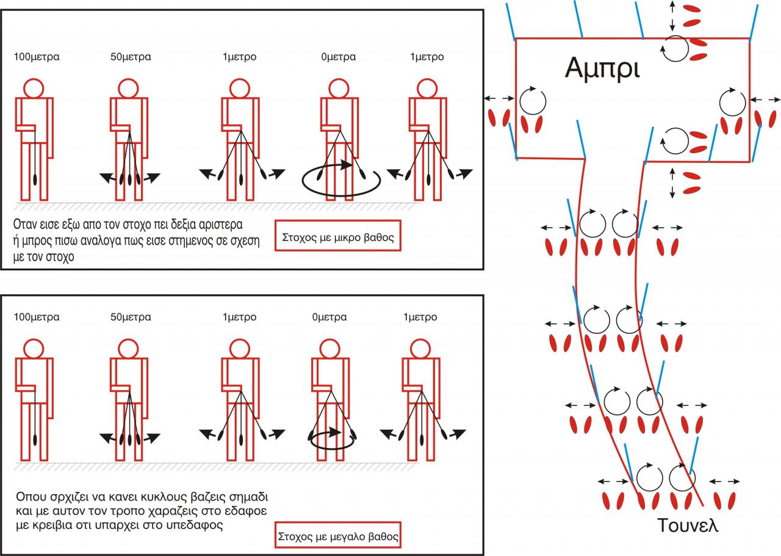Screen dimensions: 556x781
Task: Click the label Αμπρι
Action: pos(602,68)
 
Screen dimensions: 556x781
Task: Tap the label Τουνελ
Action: pos(688,524)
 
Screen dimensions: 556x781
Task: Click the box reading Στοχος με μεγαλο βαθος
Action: pos(338,538)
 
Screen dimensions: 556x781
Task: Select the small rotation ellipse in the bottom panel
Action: pos(333,438)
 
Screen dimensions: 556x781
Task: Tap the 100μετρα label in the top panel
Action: pos(37,57)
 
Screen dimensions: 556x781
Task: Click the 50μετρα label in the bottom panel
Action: pos(131,317)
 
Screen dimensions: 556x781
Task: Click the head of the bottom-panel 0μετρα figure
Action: pos(329,349)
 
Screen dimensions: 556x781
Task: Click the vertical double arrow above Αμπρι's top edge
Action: pos(672,16)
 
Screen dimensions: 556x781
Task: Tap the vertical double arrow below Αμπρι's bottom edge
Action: pos(672,182)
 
